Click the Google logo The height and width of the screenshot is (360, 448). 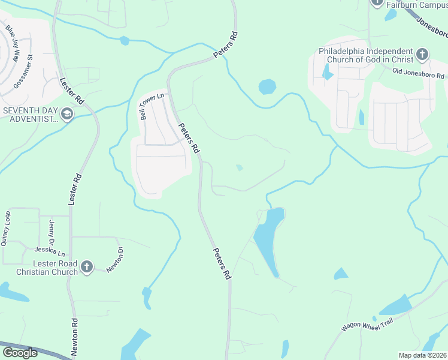(x=20, y=353)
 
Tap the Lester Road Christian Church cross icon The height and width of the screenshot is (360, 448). (x=87, y=266)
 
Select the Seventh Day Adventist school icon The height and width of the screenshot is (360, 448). (x=67, y=113)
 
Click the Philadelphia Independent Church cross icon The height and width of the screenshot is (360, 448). (x=422, y=55)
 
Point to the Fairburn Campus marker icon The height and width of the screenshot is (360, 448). (x=377, y=3)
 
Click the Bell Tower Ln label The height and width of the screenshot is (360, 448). (x=152, y=106)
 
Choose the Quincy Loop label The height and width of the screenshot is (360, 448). (x=8, y=226)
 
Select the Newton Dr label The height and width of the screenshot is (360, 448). (x=115, y=260)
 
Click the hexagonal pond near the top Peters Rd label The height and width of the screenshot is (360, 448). (x=267, y=87)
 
